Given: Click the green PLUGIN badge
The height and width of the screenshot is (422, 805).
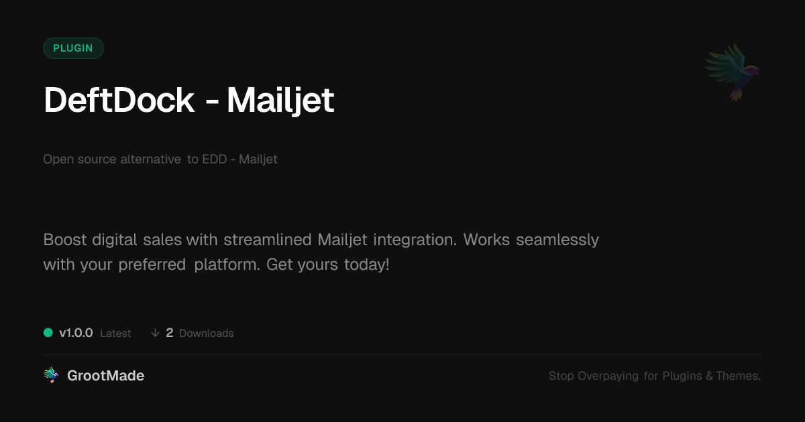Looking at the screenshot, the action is pyautogui.click(x=73, y=48).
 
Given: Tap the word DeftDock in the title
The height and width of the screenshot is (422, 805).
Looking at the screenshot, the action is pyautogui.click(x=119, y=100).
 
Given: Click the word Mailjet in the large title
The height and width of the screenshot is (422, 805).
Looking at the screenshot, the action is pyautogui.click(x=280, y=101).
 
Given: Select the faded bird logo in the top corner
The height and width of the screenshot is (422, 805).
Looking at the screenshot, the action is pyautogui.click(x=733, y=72).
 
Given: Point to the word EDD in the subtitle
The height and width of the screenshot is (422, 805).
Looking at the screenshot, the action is pyautogui.click(x=215, y=159).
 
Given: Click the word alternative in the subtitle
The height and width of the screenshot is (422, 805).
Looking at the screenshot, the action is pyautogui.click(x=150, y=159).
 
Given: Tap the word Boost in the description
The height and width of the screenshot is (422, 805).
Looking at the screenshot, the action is pyautogui.click(x=65, y=240).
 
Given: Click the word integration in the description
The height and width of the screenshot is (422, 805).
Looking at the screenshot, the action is pyautogui.click(x=415, y=240).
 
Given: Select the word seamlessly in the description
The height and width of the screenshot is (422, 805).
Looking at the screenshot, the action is pyautogui.click(x=557, y=240).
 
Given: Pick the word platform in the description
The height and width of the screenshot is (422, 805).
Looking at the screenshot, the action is pyautogui.click(x=227, y=265).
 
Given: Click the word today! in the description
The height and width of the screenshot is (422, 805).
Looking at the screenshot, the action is pyautogui.click(x=366, y=265).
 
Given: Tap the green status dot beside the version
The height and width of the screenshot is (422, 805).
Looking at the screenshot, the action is pyautogui.click(x=48, y=333).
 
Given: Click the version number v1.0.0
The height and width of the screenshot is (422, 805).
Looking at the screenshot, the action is pyautogui.click(x=76, y=333).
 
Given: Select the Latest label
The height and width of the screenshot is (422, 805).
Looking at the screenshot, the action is pyautogui.click(x=115, y=334).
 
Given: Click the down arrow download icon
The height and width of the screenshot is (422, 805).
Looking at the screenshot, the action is pyautogui.click(x=155, y=333).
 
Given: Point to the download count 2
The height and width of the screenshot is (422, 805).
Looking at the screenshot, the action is pyautogui.click(x=170, y=333).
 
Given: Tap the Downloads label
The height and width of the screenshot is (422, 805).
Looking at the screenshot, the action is pyautogui.click(x=207, y=334).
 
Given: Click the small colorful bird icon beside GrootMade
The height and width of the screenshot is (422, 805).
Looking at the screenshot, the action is pyautogui.click(x=51, y=375).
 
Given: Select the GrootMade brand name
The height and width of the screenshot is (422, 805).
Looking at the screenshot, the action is pyautogui.click(x=106, y=376).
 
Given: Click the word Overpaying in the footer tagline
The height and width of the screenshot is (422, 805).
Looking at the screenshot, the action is pyautogui.click(x=608, y=376).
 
